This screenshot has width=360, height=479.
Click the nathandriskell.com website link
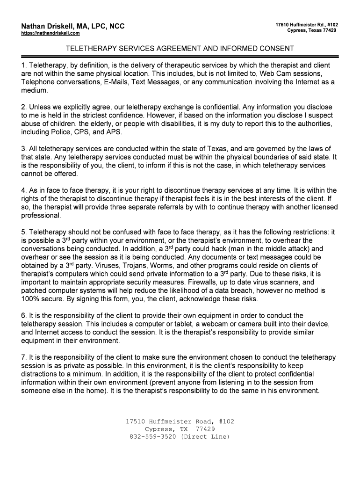coord(50,34)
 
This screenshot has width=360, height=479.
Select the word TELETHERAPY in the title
coord(89,49)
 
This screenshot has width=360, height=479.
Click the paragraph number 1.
coord(23,65)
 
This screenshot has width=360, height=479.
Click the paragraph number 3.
coord(23,149)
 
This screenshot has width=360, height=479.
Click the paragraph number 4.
coord(23,190)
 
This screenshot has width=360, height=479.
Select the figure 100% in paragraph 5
coord(31,299)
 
